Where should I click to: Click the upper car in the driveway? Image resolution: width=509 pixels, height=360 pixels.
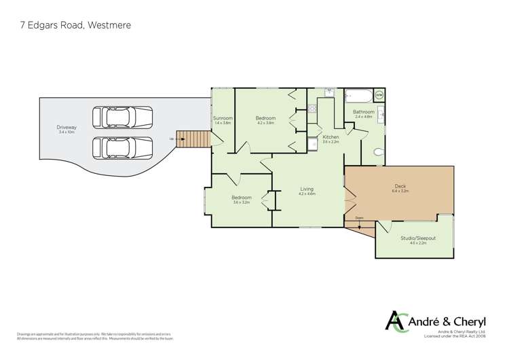coord(118,117)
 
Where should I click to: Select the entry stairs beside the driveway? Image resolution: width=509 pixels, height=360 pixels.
coord(191,139)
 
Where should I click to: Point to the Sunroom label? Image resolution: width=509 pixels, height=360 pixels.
coord(223,118)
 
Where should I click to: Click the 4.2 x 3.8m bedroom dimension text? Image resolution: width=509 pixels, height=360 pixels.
coord(265,123)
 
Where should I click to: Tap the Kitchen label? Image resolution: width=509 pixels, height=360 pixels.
coord(331,137)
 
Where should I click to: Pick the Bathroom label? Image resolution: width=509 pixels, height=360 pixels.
coord(364,111)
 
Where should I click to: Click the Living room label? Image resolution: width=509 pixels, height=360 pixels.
coord(307,190)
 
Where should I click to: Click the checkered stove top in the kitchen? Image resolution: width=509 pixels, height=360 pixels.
coord(313,107)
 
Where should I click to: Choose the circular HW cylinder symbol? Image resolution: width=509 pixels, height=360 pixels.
coord(379,96)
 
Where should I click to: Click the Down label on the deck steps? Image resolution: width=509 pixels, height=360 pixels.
coord(359,218)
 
